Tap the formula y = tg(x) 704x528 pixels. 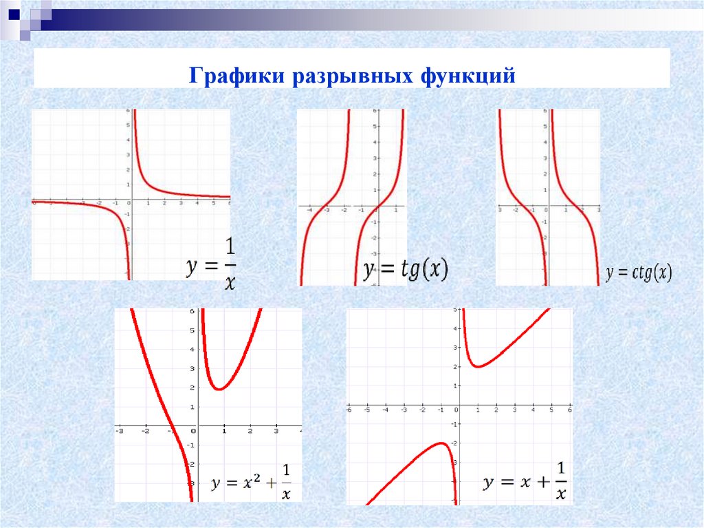tap(406, 270)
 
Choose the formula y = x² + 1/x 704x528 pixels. tap(250, 481)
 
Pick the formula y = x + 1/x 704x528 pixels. tap(525, 482)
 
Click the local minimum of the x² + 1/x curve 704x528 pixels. tap(219, 389)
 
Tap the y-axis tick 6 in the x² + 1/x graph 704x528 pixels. tap(192, 312)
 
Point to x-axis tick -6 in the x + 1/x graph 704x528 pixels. tap(349, 410)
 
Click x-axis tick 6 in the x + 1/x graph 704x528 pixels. tap(570, 410)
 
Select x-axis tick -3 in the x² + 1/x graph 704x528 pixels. tap(120, 432)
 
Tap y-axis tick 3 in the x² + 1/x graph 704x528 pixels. tap(192, 369)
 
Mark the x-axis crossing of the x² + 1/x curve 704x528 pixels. tap(171, 426)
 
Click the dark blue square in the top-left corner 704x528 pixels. tap(13, 12)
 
